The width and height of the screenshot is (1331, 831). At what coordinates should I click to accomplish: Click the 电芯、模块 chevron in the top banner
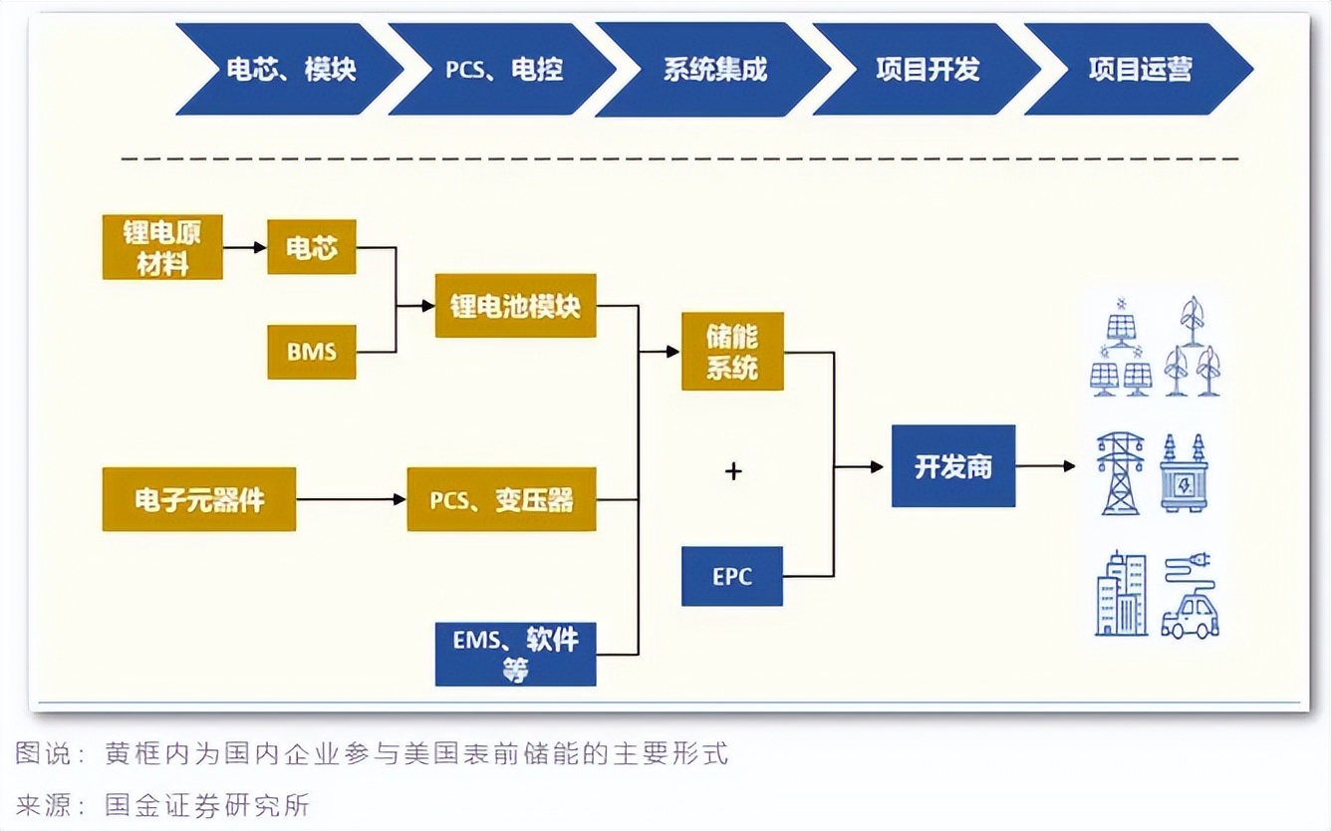290,70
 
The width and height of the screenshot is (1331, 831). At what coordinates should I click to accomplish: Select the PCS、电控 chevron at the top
503,70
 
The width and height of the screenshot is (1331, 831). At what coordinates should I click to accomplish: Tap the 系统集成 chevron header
714,70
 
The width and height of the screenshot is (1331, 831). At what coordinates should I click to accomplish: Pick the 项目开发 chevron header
928,70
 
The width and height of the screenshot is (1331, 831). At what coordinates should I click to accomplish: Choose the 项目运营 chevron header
1139,70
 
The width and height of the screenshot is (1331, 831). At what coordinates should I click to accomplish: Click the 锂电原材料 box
162,247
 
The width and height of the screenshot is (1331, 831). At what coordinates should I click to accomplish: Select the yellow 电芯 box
312,247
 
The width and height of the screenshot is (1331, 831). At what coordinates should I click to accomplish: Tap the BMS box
312,352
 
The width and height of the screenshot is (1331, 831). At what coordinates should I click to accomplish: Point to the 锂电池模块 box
515,306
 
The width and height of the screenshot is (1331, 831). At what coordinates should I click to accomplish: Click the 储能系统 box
732,352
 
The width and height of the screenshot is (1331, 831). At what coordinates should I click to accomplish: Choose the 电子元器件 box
199,499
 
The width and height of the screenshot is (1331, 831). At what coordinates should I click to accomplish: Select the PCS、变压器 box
501,499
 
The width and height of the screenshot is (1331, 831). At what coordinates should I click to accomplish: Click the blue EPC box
732,577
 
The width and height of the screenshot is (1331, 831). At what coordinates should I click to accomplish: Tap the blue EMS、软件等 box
515,654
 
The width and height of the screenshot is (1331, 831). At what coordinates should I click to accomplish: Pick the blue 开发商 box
953,466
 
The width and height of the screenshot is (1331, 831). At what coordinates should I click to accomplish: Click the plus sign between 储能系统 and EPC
733,471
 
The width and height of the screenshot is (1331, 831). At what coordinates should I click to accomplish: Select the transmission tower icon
1121,473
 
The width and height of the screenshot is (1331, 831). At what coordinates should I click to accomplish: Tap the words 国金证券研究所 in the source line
207,804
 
